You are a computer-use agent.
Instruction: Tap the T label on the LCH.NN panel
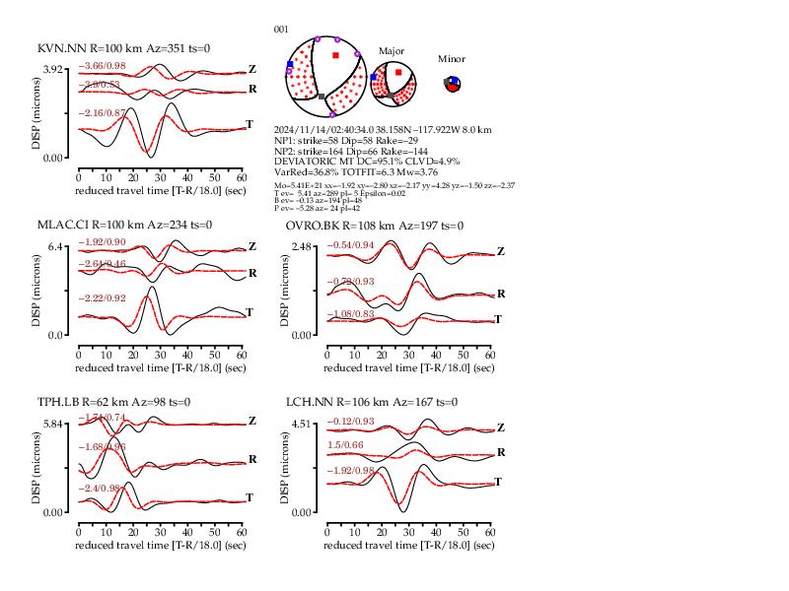[498, 482]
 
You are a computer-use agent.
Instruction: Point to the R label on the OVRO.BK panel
[501, 294]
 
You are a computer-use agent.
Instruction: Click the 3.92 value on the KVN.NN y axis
[52, 70]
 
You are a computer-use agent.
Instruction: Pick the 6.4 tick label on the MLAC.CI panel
[56, 246]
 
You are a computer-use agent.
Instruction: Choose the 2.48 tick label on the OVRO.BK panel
[301, 246]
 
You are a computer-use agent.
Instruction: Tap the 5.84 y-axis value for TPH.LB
[52, 424]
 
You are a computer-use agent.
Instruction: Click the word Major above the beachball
[392, 50]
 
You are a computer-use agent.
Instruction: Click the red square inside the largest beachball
[336, 55]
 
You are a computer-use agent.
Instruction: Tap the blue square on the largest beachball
[290, 64]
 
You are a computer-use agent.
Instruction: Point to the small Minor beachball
[452, 84]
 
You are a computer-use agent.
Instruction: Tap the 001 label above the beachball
[281, 30]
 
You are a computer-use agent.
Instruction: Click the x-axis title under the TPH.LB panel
[161, 545]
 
